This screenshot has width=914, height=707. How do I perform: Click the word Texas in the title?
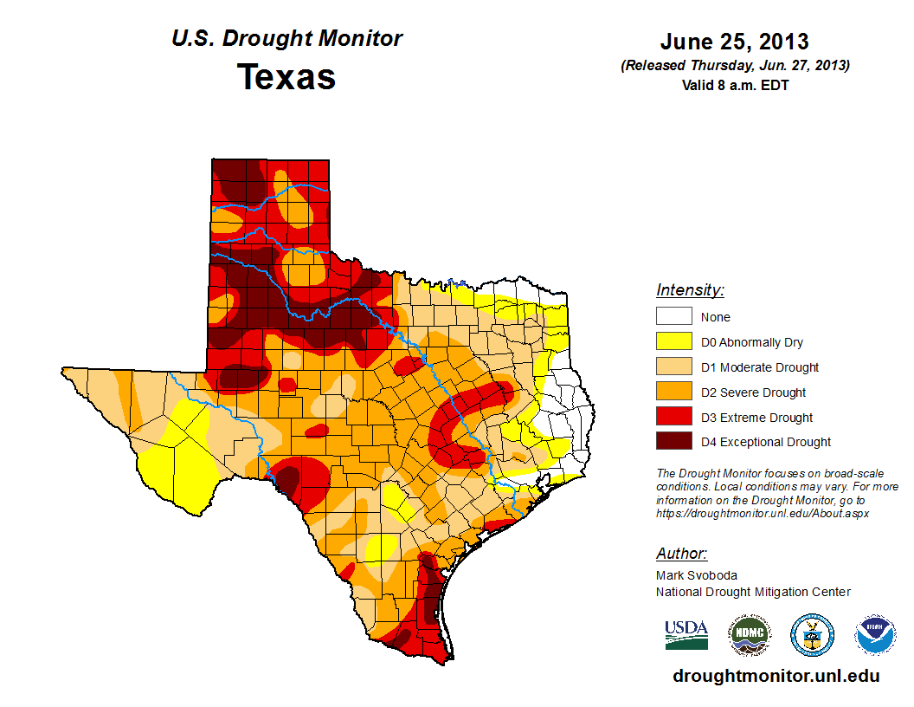[x=286, y=77]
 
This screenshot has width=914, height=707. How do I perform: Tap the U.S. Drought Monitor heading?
[x=286, y=39]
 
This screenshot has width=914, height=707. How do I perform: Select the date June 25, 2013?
[x=734, y=42]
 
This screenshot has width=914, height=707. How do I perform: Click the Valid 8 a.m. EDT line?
[x=734, y=84]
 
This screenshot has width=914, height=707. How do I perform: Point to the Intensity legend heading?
[x=690, y=290]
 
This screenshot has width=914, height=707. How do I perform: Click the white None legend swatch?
[x=673, y=317]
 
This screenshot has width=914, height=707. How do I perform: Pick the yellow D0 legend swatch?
[x=673, y=342]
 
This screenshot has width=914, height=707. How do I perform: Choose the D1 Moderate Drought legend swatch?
[x=673, y=367]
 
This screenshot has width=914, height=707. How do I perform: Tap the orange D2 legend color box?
[x=673, y=392]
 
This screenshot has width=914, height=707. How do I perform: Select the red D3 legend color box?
[x=673, y=418]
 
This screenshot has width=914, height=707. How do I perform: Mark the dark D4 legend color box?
[x=673, y=442]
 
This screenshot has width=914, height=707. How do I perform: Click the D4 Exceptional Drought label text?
[x=766, y=442]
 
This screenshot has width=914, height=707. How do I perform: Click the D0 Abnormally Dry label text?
[x=752, y=342]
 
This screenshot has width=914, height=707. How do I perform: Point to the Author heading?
[x=681, y=554]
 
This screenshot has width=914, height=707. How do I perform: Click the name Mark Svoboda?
[x=697, y=575]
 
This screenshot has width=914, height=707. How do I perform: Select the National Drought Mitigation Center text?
[x=753, y=592]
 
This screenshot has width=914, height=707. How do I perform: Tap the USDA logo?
[x=686, y=634]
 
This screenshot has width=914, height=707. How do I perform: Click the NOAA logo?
[x=875, y=635]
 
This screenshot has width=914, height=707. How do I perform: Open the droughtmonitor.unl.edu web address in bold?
[x=776, y=676]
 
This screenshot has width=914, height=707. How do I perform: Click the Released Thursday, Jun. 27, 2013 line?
[x=734, y=66]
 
